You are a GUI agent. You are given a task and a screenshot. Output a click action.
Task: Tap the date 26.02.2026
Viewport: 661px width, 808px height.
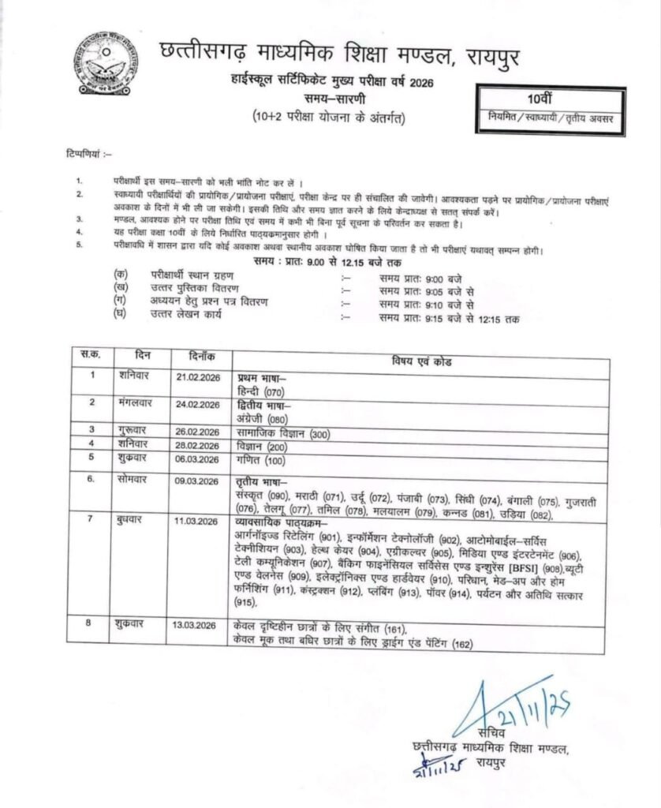pyautogui.click(x=198, y=432)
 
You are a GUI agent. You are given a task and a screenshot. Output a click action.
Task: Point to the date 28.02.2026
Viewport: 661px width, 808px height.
pyautogui.click(x=198, y=444)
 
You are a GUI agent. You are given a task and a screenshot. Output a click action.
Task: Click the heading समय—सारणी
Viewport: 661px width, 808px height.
pyautogui.click(x=334, y=98)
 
